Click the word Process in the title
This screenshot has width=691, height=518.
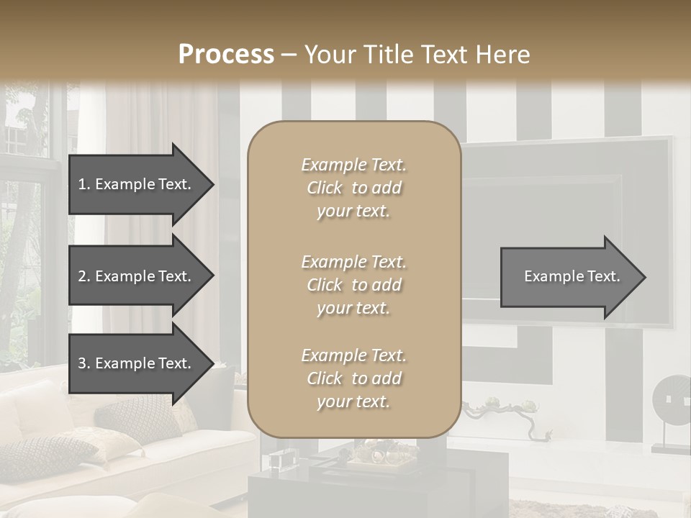click(226, 55)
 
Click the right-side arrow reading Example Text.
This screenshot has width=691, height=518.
click(572, 276)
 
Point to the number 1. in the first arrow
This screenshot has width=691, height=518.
click(84, 184)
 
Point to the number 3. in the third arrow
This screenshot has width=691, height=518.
click(84, 363)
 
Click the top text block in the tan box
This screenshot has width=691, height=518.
click(353, 188)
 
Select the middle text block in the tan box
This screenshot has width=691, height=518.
click(353, 285)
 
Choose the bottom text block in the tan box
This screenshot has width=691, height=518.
click(353, 378)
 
